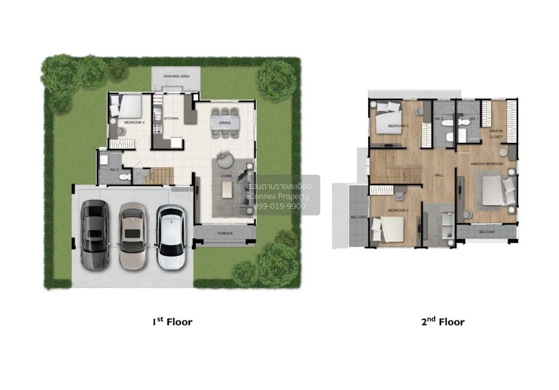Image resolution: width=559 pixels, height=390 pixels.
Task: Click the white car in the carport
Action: (170, 237)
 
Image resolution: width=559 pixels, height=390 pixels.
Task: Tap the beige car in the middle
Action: (133, 236)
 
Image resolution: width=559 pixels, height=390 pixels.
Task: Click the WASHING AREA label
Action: (176, 76)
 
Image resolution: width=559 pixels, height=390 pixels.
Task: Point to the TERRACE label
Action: (225, 233)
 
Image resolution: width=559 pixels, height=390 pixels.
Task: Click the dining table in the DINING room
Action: (225, 122)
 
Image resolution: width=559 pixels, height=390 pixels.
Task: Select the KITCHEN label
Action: (171, 119)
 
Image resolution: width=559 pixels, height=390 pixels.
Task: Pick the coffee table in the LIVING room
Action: (227, 190)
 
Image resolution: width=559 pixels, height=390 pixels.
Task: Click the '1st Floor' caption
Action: (172, 322)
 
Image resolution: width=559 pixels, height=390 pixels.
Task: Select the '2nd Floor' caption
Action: (443, 322)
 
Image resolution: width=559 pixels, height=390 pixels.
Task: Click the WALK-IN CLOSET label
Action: (496, 134)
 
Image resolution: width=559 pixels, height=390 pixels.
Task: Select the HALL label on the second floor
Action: (438, 175)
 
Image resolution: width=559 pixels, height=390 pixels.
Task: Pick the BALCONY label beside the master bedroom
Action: (486, 232)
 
